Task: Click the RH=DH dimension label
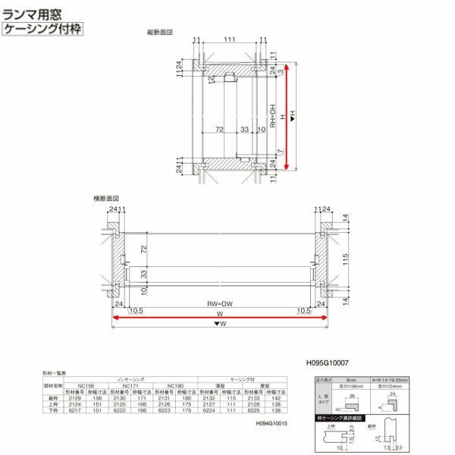pyautogui.click(x=272, y=118)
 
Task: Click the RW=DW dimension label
pyautogui.click(x=219, y=303)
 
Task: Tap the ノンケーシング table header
pyautogui.click(x=125, y=377)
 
